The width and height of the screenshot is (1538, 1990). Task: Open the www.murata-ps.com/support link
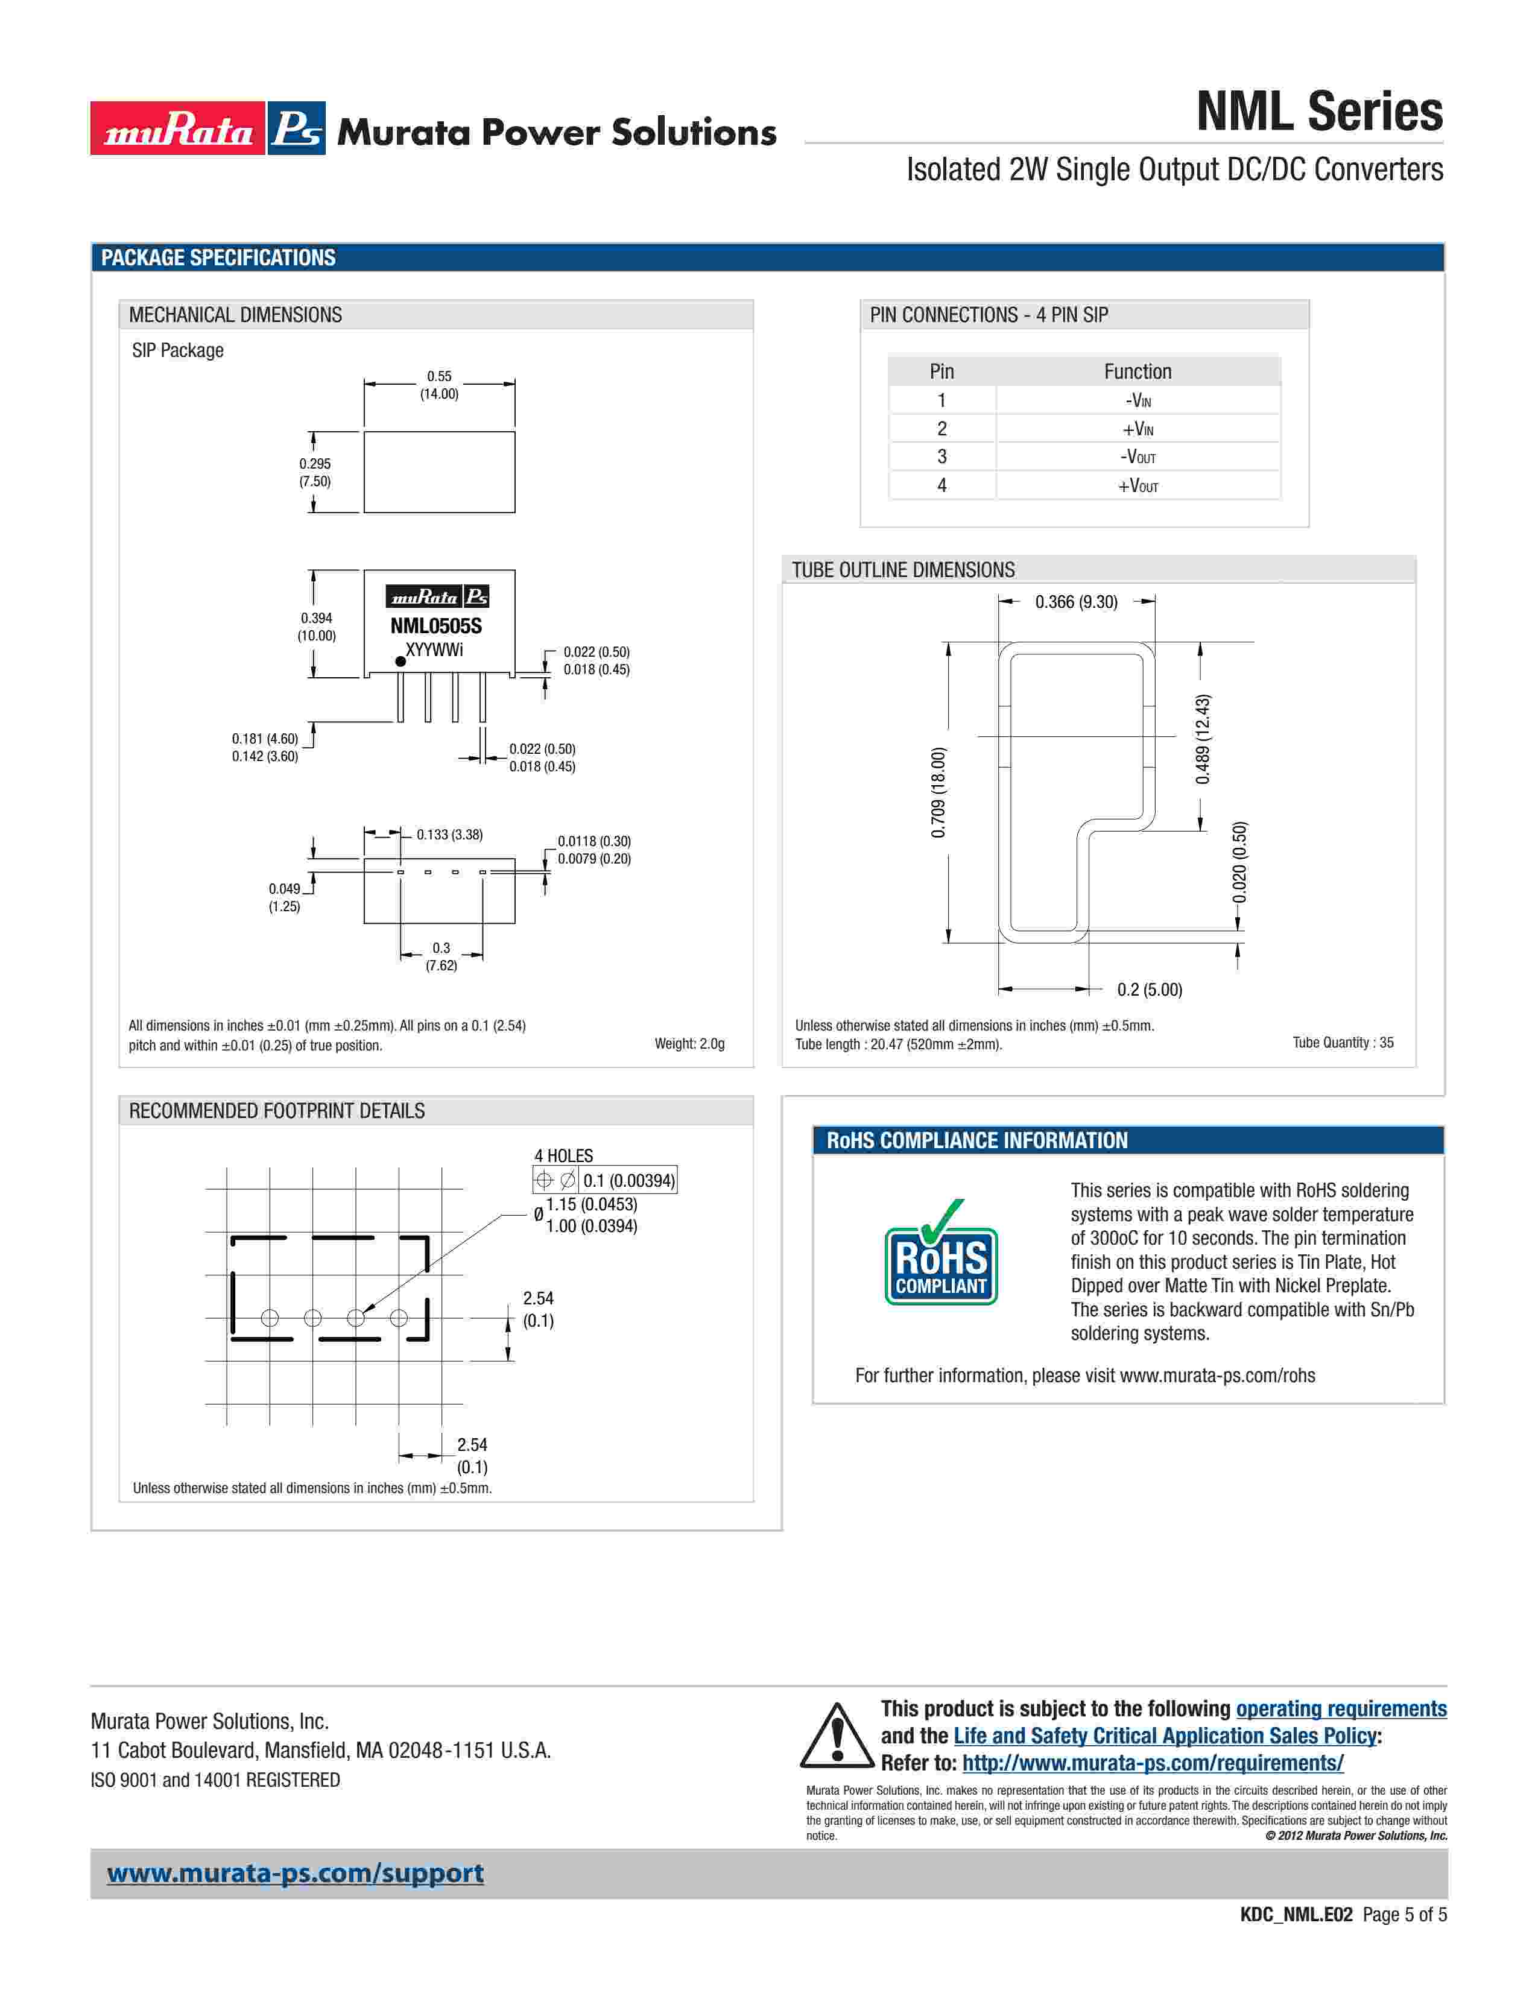pos(295,1874)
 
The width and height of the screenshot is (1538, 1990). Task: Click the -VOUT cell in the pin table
pos(1138,456)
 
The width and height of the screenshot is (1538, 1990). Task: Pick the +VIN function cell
pos(1138,428)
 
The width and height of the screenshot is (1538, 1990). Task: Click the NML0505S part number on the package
pos(435,626)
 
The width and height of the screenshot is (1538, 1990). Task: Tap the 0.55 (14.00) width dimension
pos(439,385)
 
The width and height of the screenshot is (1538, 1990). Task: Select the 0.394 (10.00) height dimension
pos(316,627)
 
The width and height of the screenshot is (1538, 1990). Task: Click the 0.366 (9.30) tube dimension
pos(1076,602)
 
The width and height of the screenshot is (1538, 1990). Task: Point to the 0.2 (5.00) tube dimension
pos(1149,990)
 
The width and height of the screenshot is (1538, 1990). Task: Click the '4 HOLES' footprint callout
pos(563,1155)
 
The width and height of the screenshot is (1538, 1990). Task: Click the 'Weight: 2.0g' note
pos(690,1043)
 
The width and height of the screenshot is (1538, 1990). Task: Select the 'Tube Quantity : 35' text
pos(1342,1043)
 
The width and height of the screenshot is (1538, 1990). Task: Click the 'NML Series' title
pos(1318,112)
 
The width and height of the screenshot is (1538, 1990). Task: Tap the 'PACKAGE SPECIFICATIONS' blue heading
pos(219,258)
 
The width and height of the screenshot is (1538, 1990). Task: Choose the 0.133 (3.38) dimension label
pos(449,835)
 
